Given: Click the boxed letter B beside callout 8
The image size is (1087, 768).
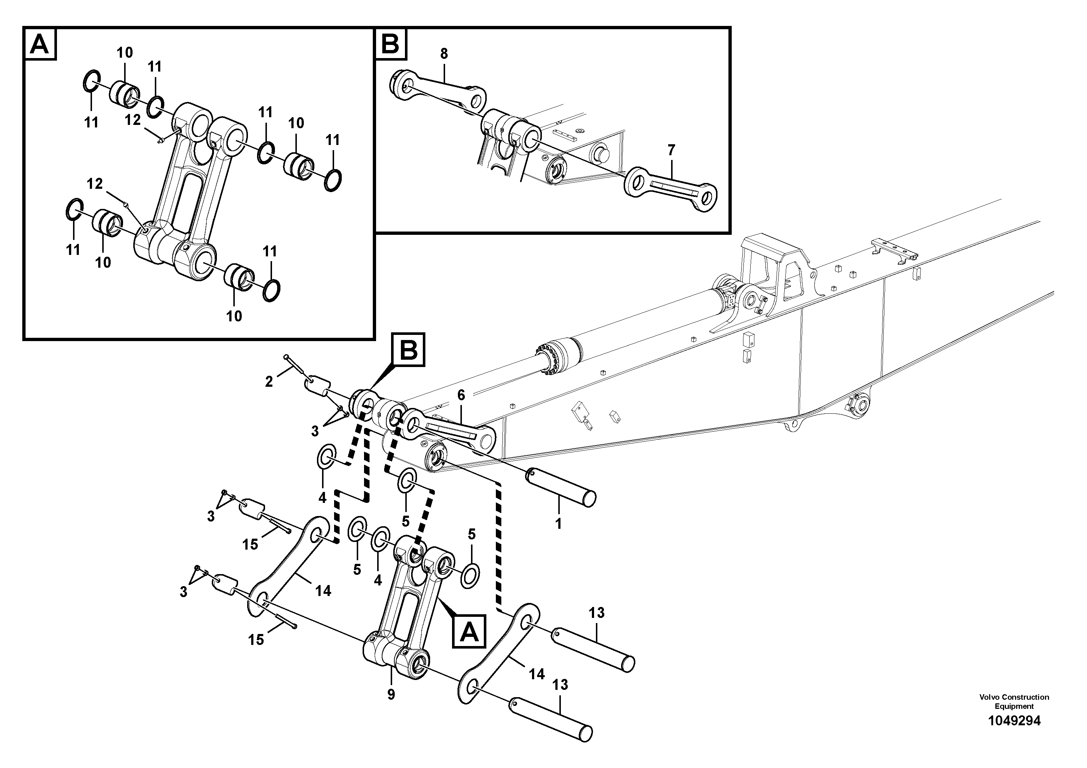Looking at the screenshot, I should (391, 43).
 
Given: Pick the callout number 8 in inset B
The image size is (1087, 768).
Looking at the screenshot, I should (444, 54).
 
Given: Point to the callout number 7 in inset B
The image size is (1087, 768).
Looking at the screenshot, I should (671, 150).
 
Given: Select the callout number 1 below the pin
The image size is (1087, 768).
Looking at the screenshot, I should (558, 524).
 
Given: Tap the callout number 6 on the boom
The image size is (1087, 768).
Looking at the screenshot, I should (461, 395).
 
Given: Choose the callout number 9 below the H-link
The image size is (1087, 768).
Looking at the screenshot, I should (391, 695).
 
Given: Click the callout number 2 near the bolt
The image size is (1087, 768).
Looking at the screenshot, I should (269, 382).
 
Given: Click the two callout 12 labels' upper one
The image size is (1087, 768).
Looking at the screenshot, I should (133, 120).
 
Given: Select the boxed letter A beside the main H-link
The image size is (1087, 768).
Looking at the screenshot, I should (469, 631).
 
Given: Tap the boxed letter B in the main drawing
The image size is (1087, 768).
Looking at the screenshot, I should (409, 350).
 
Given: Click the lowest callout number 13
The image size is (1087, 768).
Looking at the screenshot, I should (560, 685).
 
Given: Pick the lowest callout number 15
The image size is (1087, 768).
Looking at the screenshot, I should (256, 640).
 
